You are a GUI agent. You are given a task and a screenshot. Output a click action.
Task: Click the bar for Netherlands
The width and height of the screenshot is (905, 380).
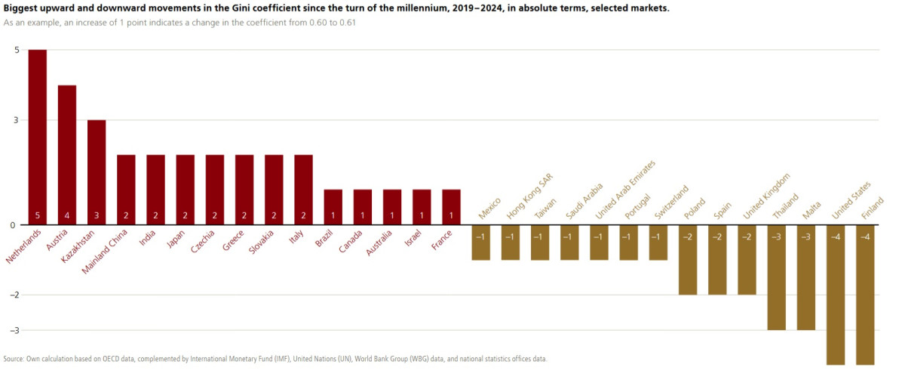pyautogui.click(x=38, y=136)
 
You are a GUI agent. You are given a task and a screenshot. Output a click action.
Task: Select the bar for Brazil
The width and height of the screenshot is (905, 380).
pyautogui.click(x=333, y=206)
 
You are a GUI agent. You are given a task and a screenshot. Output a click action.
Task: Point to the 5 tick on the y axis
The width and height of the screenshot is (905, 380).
pyautogui.click(x=16, y=50)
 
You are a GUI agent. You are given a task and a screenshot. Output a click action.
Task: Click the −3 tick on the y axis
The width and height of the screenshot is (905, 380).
pyautogui.click(x=14, y=330)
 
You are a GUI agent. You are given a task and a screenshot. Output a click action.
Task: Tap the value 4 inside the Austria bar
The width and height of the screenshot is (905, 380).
pyautogui.click(x=67, y=216)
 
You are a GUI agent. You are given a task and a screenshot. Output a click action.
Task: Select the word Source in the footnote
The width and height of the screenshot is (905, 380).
pyautogui.click(x=14, y=359)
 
